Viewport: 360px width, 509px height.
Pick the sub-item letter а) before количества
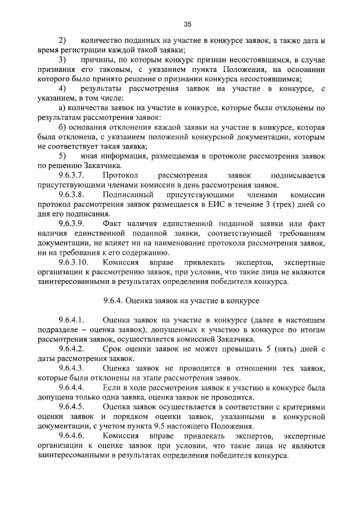[x=62, y=108]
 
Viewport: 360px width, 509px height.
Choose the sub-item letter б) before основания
[x=62, y=128]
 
